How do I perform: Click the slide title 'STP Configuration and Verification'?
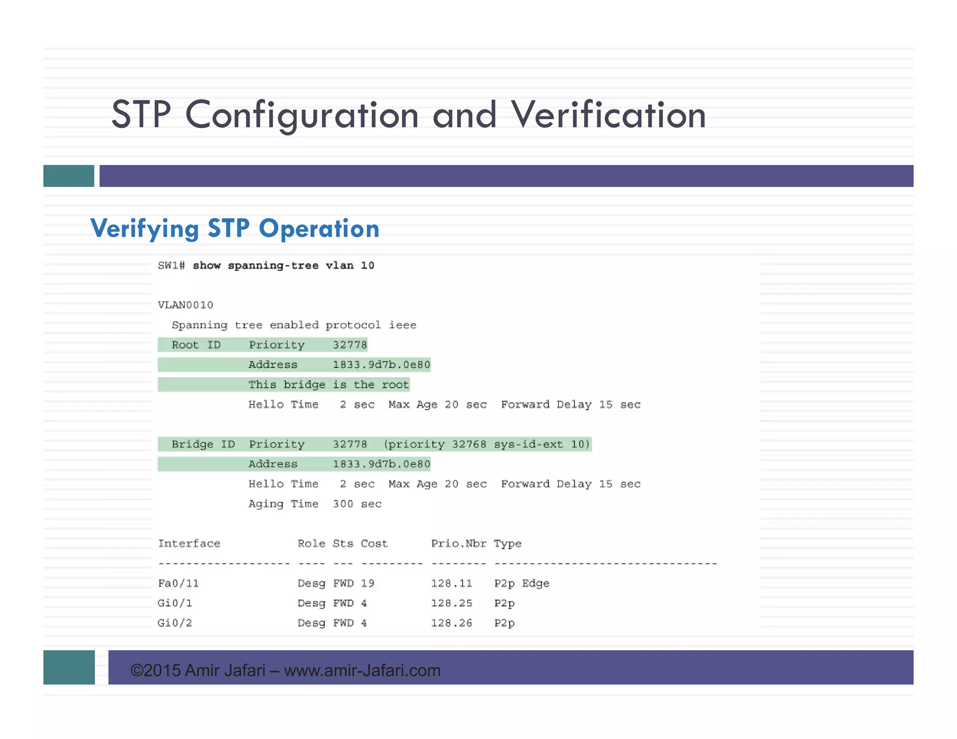tap(408, 115)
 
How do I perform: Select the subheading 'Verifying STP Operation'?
tap(235, 228)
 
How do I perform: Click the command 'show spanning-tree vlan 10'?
tap(283, 266)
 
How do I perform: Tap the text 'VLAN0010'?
tap(186, 306)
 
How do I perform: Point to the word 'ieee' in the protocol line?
tap(402, 325)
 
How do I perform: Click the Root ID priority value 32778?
tap(350, 345)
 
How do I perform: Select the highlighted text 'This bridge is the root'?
tap(329, 385)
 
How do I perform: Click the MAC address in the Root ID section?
tap(381, 365)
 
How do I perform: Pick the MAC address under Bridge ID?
tap(381, 464)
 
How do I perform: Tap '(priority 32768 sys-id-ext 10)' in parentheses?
tap(487, 444)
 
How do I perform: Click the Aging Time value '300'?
tap(343, 504)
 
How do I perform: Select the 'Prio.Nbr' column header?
tap(458, 544)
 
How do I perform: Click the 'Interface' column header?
tap(189, 544)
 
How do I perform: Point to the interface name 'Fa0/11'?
tap(179, 583)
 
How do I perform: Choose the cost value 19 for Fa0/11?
tap(368, 583)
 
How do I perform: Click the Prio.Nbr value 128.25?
tap(451, 604)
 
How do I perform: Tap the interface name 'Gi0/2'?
tap(175, 623)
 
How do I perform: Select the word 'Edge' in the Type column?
tap(536, 583)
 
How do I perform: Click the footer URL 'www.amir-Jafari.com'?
tap(362, 671)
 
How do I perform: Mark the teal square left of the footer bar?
tap(69, 668)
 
